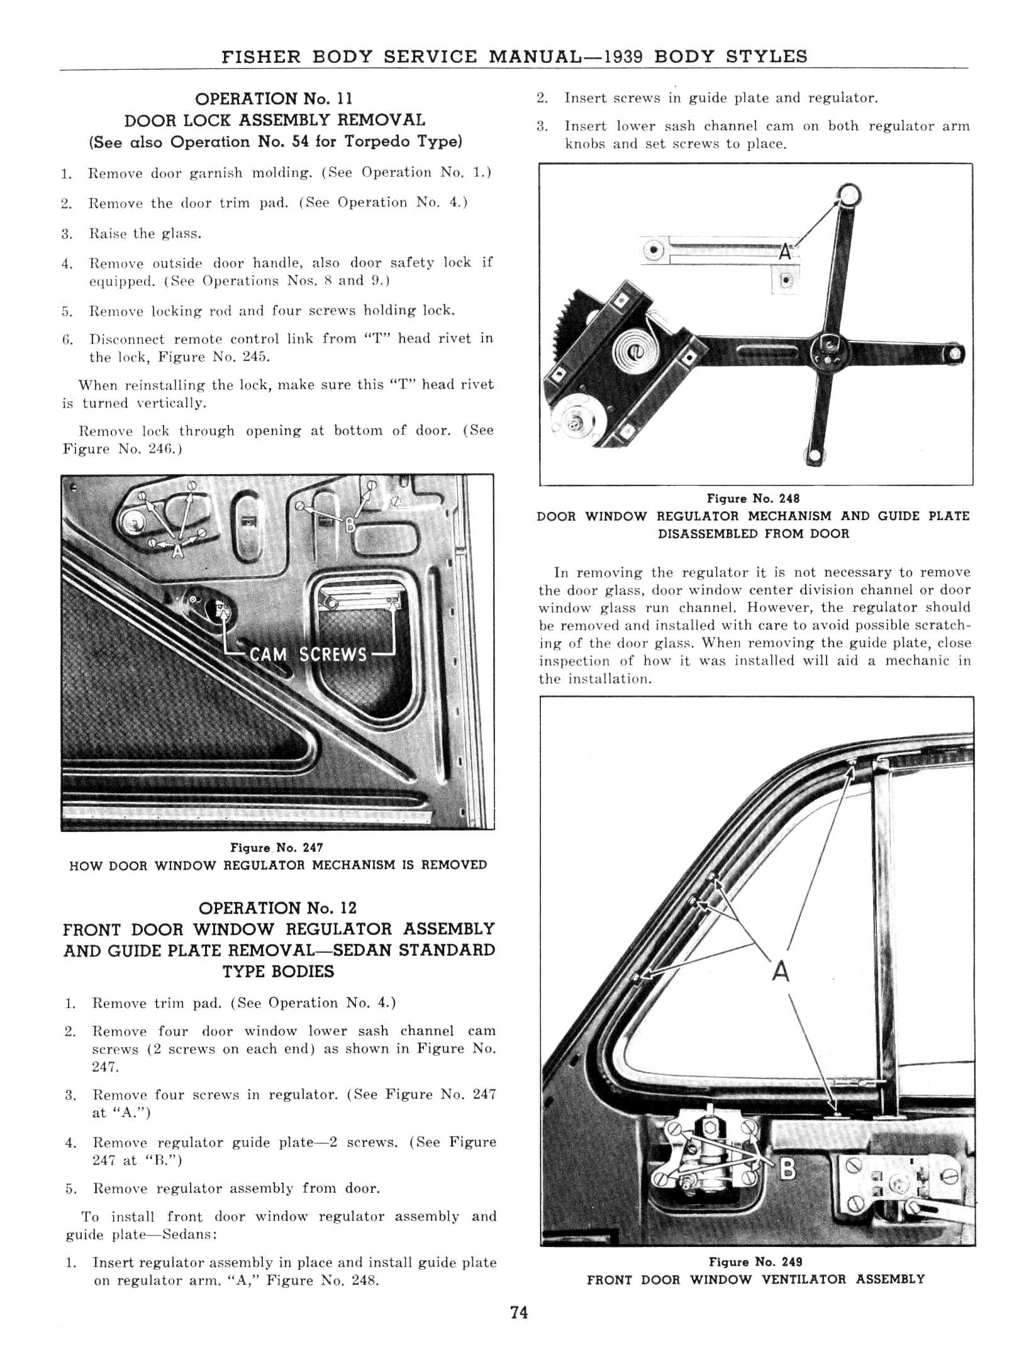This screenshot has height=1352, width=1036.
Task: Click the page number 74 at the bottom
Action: [519, 1312]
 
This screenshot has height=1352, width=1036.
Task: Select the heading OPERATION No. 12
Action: [277, 907]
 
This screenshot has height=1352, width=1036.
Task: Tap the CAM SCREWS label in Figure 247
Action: [308, 655]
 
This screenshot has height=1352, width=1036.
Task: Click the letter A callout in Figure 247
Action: [178, 551]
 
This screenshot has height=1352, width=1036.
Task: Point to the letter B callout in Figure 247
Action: [350, 523]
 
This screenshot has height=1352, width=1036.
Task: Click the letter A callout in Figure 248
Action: [784, 252]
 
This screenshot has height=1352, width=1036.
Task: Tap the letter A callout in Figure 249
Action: [780, 972]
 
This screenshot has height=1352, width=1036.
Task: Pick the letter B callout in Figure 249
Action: [787, 1169]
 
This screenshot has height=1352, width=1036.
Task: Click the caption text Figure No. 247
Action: [277, 848]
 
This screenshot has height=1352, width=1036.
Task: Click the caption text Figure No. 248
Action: [753, 499]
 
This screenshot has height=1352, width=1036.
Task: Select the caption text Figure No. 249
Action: [755, 1261]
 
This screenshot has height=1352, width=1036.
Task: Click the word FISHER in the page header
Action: [262, 57]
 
